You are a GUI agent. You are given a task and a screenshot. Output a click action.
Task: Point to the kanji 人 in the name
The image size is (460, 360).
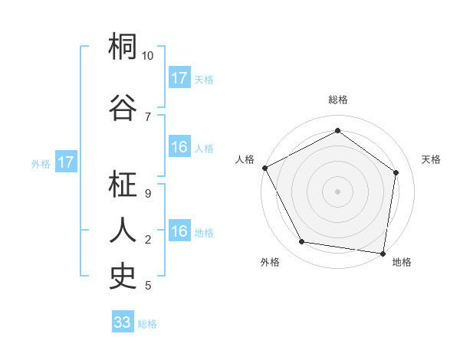[x=123, y=230]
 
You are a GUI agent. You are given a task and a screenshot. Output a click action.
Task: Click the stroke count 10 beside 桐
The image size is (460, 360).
[x=148, y=56]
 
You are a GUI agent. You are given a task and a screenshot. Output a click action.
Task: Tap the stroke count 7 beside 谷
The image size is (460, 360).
[x=148, y=116]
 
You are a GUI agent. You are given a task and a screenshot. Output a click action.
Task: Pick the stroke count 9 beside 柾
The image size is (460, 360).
[x=148, y=194]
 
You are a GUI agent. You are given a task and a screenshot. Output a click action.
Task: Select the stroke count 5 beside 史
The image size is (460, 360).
[x=148, y=286]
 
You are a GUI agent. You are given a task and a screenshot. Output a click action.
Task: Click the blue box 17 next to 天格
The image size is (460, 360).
[x=179, y=78]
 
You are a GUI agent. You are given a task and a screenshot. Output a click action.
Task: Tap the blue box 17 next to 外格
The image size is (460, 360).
[x=65, y=162]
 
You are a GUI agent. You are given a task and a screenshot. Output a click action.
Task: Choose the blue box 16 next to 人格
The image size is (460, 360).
[x=179, y=148]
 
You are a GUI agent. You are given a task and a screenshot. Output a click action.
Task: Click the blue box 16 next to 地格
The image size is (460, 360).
[x=179, y=232]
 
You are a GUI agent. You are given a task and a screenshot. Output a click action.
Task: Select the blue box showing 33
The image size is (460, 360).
[x=123, y=322]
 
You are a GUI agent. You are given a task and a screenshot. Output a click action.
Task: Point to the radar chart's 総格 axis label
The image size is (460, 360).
[x=338, y=100]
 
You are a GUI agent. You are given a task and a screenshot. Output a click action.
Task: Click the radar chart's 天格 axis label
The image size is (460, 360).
[x=431, y=159]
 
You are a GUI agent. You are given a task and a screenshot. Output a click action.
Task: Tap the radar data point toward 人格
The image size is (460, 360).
[x=264, y=168]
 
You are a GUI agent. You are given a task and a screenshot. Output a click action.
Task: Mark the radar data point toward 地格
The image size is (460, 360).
[x=383, y=253]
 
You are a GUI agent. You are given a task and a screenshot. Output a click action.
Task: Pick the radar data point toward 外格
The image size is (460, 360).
[x=302, y=242]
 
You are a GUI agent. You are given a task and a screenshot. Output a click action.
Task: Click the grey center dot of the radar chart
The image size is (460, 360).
[x=338, y=191]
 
